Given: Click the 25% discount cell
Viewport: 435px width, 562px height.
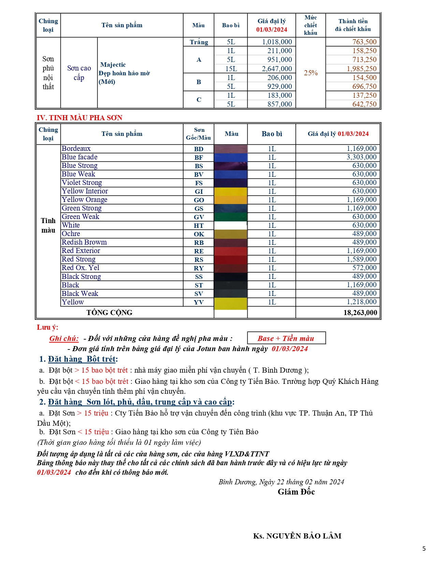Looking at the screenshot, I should (x=310, y=73).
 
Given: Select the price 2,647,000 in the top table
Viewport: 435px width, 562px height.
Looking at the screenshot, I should (x=277, y=69).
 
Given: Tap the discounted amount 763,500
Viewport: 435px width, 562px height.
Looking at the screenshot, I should (x=364, y=42).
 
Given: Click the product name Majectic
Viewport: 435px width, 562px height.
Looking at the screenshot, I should (x=113, y=65).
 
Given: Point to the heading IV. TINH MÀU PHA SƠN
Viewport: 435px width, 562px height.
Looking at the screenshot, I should (x=79, y=118).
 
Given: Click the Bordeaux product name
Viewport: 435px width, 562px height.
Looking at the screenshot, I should (x=76, y=149).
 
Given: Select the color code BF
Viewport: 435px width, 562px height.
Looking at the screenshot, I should (x=199, y=157).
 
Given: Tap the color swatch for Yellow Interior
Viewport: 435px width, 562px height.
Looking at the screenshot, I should (x=230, y=191).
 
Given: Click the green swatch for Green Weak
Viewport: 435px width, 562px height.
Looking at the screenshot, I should (x=230, y=217).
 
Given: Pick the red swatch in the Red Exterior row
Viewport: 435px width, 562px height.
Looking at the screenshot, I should (x=230, y=251).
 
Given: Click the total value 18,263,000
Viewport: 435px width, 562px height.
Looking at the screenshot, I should (x=360, y=313).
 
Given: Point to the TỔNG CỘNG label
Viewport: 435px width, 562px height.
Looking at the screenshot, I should (x=109, y=313).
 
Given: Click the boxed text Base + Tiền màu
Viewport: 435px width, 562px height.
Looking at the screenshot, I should (x=286, y=338).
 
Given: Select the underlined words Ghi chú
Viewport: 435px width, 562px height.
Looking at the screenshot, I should (x=64, y=339).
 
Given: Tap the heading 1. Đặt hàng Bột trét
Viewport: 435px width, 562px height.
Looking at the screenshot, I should (x=78, y=359).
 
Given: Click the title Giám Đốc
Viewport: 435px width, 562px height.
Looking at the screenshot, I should (x=296, y=492).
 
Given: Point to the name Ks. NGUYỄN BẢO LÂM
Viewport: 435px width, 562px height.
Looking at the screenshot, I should (x=297, y=536).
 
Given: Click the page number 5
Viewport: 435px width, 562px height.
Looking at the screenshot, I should (x=424, y=549).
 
